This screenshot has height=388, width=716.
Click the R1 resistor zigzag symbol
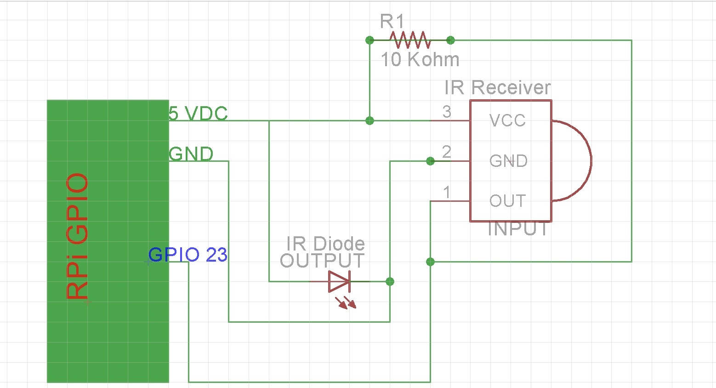click(x=410, y=40)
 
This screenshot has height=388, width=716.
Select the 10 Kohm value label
click(x=420, y=60)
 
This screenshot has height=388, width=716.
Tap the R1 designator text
click(x=392, y=21)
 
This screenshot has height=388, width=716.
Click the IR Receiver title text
click(x=497, y=87)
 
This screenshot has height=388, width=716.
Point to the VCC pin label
click(x=507, y=120)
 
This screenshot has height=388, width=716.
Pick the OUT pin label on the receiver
click(x=507, y=201)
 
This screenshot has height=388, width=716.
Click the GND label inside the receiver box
click(x=508, y=161)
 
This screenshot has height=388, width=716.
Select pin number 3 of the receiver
click(x=447, y=112)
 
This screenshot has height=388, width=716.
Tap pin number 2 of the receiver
click(x=446, y=152)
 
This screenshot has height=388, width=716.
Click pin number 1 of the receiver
click(x=446, y=192)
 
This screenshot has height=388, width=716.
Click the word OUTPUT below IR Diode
click(x=322, y=261)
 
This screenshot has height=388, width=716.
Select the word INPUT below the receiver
click(x=518, y=229)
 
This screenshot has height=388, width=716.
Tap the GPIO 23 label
click(x=188, y=255)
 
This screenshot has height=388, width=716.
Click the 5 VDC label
click(x=198, y=113)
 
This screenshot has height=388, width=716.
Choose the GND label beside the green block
click(x=191, y=154)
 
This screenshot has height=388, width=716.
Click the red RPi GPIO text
click(x=77, y=236)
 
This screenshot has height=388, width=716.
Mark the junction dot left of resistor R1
click(x=369, y=40)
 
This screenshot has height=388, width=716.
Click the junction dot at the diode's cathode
click(x=390, y=281)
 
